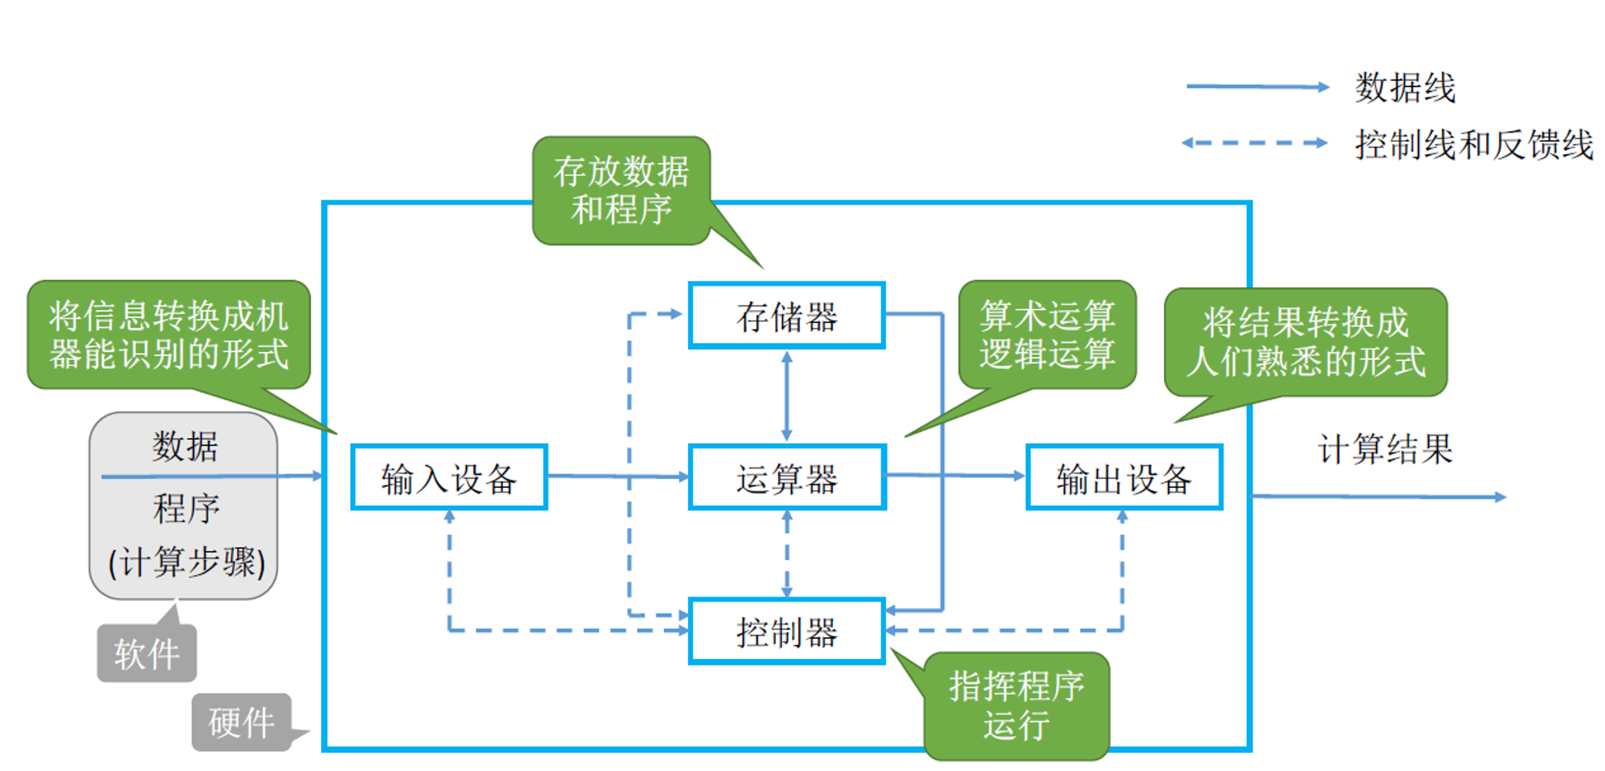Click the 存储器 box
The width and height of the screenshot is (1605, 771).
786,317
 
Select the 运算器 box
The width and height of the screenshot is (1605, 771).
786,478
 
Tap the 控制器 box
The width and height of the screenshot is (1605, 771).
786,632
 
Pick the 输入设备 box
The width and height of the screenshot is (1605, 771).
449,478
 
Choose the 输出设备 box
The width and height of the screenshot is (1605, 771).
1124,478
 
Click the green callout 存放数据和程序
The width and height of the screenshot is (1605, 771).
621,191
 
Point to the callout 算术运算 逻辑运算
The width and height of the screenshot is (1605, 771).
1047,334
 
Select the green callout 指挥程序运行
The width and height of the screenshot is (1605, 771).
1016,705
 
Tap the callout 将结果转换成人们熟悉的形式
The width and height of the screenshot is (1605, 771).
1305,342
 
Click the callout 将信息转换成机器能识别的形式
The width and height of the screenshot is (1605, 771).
169,334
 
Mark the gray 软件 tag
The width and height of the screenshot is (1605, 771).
147,653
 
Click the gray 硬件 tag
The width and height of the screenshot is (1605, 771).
241,721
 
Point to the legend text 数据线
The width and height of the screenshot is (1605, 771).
1404,88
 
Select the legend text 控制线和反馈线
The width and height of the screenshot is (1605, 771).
1473,144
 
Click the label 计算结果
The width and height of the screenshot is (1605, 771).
1385,449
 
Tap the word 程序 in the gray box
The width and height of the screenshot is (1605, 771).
186,509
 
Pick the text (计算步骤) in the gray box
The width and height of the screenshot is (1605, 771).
186,562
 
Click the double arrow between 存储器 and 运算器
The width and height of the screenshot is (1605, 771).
786,396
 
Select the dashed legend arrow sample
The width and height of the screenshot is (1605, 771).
1255,143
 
